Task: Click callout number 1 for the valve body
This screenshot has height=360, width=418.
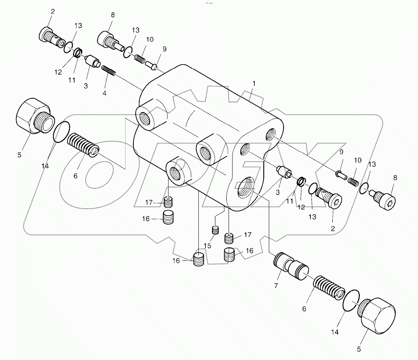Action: click(x=253, y=83)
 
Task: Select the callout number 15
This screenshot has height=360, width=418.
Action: click(x=208, y=245)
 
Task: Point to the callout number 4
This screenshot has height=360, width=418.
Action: click(x=104, y=93)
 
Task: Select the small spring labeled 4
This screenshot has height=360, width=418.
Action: click(x=109, y=70)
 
